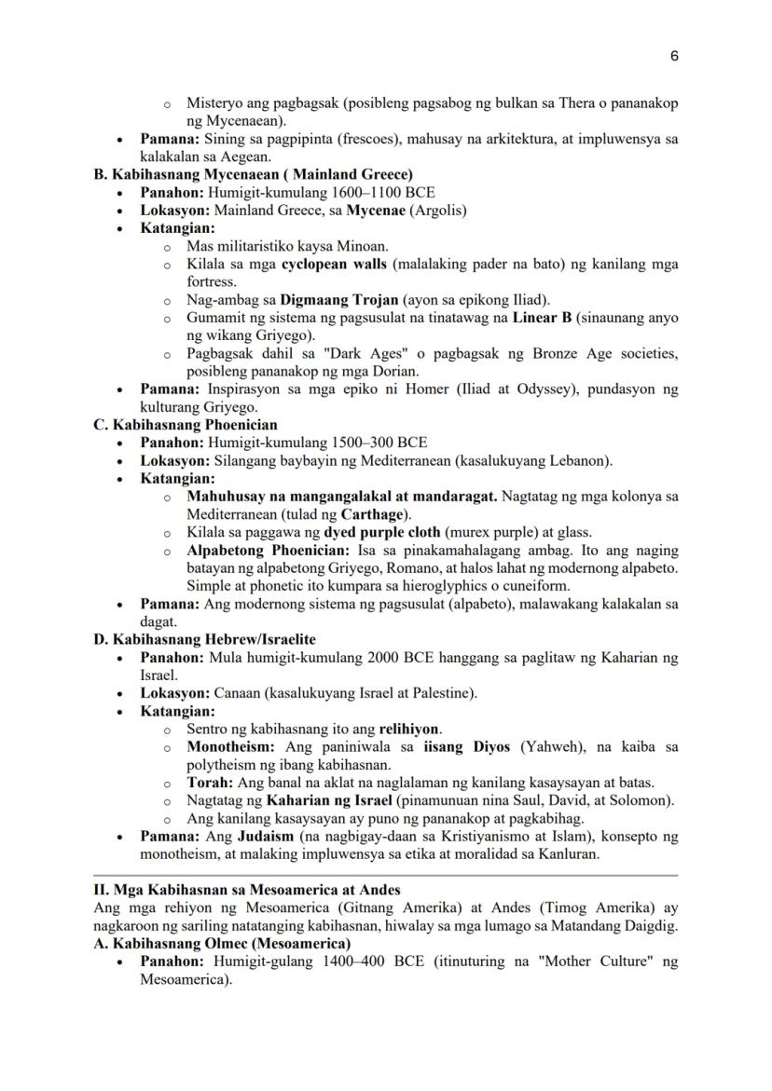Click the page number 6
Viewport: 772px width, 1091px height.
tap(673, 56)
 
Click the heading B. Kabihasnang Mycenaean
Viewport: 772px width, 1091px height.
tap(253, 173)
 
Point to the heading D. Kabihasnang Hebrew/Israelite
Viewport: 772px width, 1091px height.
tap(204, 640)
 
